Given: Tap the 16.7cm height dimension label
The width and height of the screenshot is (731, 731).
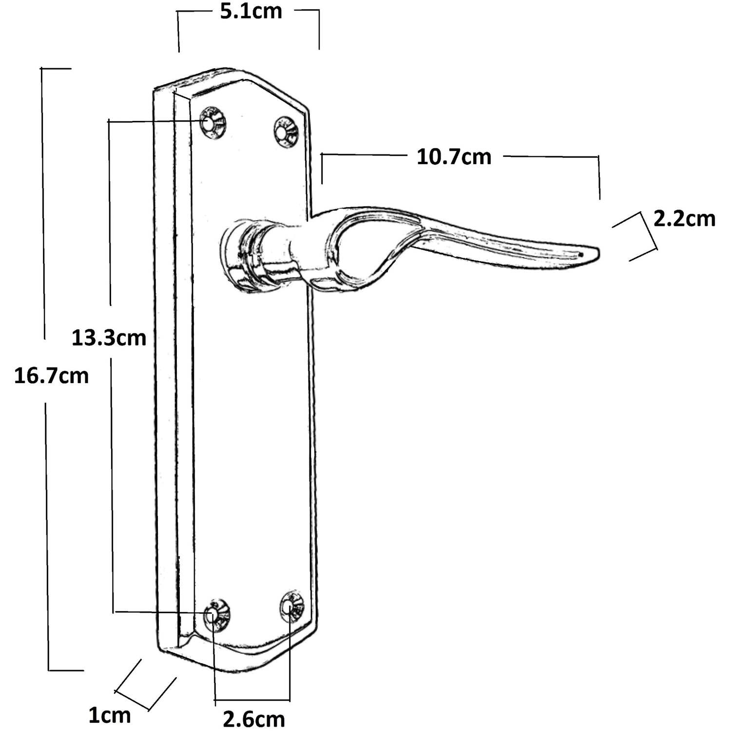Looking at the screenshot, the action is pos(52,376).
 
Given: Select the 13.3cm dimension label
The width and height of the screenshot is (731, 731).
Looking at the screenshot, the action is pos(109,337).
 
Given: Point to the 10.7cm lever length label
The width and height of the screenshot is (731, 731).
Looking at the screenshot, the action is pos(454,157).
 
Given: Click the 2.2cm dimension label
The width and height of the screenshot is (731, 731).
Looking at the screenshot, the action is pos(684,219).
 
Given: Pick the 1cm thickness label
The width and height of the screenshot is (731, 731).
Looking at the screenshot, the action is pos(110,716).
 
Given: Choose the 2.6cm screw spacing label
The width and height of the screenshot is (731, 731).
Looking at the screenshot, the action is pos(254,719).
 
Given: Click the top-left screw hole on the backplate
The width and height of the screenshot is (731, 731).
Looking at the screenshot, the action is pos(212,123).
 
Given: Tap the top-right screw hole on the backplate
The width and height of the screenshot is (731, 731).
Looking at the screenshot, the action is pos(284,132).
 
